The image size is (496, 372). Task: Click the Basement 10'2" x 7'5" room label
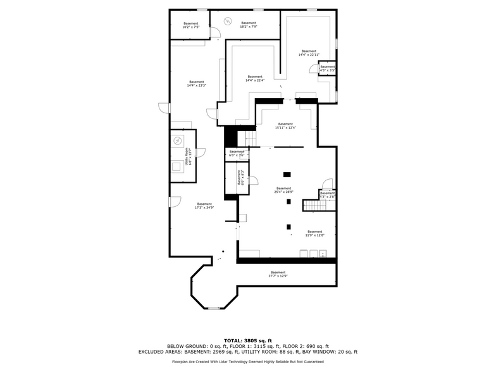click(x=190, y=25)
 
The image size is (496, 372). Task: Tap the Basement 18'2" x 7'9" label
click(x=248, y=25)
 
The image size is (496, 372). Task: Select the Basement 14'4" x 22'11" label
click(x=309, y=53)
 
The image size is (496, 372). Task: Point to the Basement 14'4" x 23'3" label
click(x=196, y=84)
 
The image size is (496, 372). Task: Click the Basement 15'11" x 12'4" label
click(x=285, y=125)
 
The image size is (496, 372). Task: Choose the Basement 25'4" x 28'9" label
click(x=283, y=190)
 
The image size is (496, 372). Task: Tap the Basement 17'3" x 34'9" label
click(x=204, y=206)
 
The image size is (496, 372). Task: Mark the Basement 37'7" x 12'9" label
click(x=278, y=274)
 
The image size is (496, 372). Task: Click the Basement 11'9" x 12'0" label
click(x=314, y=233)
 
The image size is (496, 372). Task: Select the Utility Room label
click(x=188, y=156)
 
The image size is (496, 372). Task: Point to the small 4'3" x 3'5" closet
click(x=327, y=68)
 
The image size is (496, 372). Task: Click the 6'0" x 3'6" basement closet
click(x=236, y=153)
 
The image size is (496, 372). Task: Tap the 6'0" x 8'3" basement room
click(x=240, y=177)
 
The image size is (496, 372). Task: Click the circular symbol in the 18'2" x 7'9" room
click(x=227, y=21)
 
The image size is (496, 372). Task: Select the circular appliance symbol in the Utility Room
click(x=178, y=140)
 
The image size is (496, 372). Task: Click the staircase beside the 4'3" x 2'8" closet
click(x=312, y=206)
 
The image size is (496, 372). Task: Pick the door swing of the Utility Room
click(x=201, y=151)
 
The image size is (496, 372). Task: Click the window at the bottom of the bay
click(x=214, y=308)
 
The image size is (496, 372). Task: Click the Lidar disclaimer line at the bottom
click(x=247, y=361)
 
